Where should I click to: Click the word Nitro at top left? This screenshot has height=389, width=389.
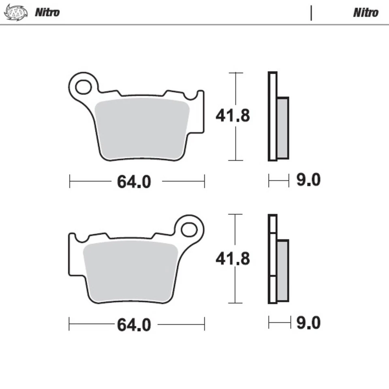[x=47, y=12]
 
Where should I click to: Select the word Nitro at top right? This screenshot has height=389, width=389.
[x=365, y=12]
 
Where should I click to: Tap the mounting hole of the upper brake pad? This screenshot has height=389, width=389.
[x=83, y=87]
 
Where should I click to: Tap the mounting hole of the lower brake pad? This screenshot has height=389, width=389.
[x=189, y=230]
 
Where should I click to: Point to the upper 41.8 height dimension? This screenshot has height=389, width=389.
[x=233, y=116]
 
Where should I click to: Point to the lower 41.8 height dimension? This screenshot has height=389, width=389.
[x=233, y=258]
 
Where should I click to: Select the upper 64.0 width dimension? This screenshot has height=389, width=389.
[x=134, y=182]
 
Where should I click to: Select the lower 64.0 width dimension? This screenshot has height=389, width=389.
[x=134, y=325]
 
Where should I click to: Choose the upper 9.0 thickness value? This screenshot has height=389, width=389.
[x=308, y=180]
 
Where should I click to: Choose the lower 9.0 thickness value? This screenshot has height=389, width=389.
[x=308, y=323]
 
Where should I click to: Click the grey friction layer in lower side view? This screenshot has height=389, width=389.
[x=282, y=270]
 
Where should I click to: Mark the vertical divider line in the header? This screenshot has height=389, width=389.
[x=311, y=13]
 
